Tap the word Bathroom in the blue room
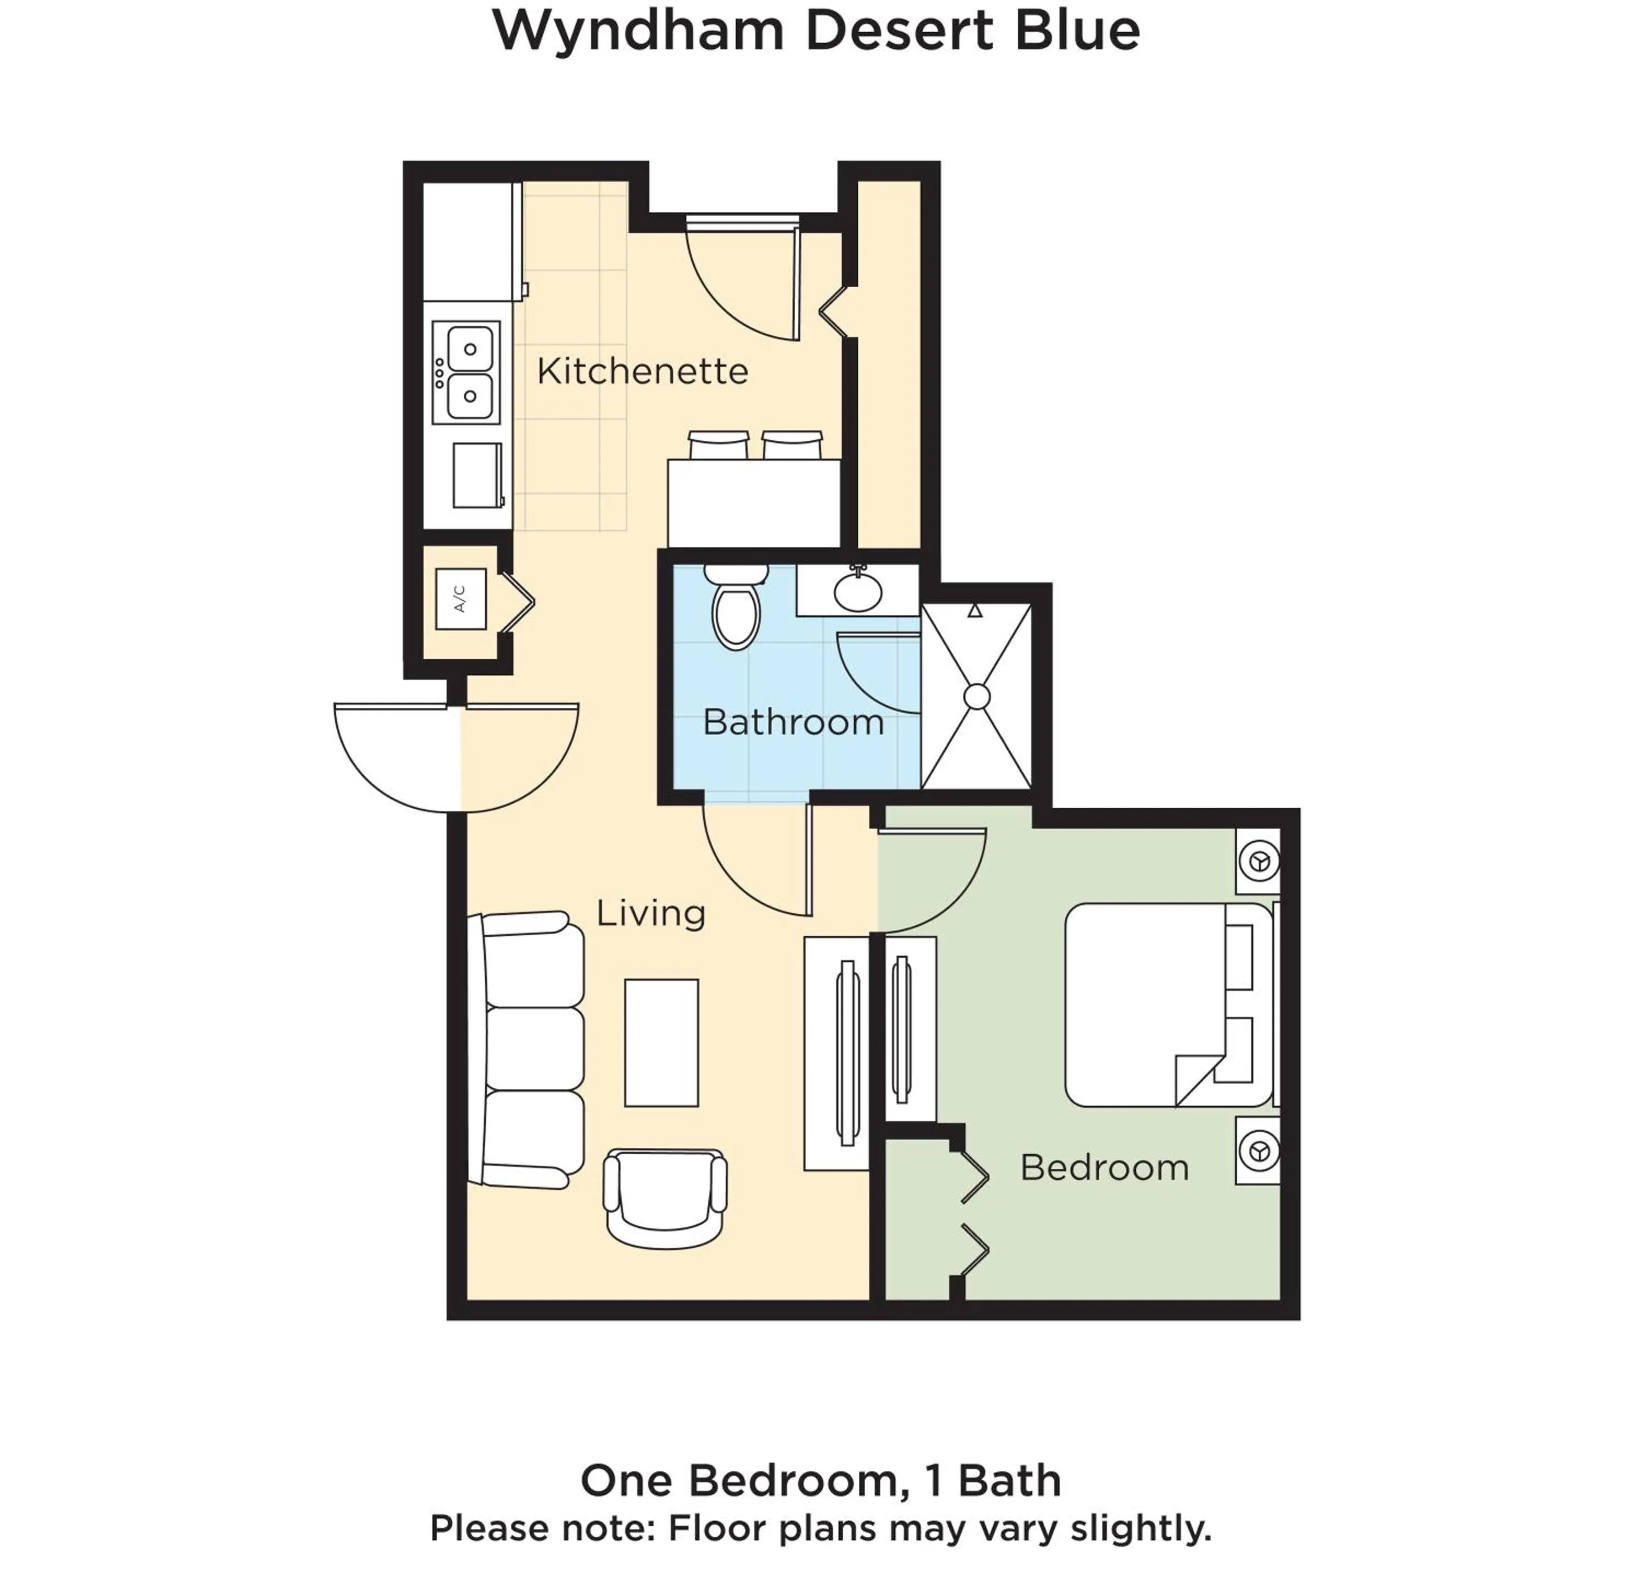[793, 722]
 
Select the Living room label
[650, 912]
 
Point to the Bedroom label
[1104, 1167]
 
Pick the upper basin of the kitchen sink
[470, 349]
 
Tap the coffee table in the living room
[661, 1043]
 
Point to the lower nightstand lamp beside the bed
[1258, 1152]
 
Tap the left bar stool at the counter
[718, 445]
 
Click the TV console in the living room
[836, 1053]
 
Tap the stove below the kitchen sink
[477, 475]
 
